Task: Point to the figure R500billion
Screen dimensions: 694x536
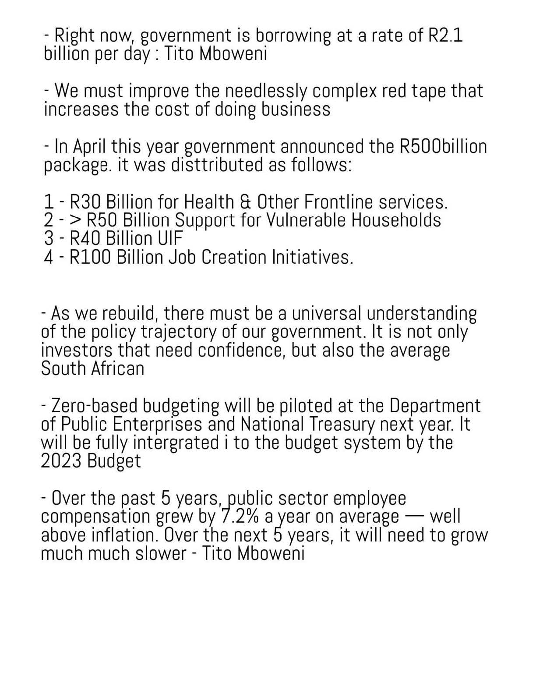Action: [x=443, y=147]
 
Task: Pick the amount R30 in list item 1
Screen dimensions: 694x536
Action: [x=85, y=202]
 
